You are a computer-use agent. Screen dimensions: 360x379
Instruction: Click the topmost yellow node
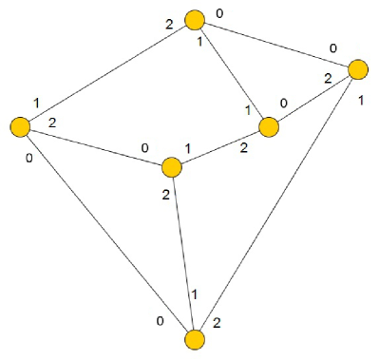pyautogui.click(x=195, y=20)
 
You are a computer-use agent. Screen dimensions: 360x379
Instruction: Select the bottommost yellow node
pyautogui.click(x=195, y=340)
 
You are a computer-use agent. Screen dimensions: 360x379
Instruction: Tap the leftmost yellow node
pyautogui.click(x=20, y=126)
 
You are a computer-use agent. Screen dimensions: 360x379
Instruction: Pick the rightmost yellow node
pyautogui.click(x=358, y=68)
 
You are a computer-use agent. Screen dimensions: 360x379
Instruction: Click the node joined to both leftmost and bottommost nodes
pyautogui.click(x=172, y=167)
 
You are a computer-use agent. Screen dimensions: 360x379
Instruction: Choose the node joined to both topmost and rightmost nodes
pyautogui.click(x=268, y=126)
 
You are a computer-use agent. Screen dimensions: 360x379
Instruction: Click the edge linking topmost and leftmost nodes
pyautogui.click(x=107, y=73)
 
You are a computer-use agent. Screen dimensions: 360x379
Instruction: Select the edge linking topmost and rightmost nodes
pyautogui.click(x=276, y=44)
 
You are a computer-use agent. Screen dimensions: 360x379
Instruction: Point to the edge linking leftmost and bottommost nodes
pyautogui.click(x=107, y=233)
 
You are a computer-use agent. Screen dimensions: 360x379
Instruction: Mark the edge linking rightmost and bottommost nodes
pyautogui.click(x=276, y=204)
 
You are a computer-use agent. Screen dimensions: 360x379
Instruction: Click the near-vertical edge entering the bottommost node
pyautogui.click(x=183, y=254)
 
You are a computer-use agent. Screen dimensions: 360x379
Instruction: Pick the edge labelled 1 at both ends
pyautogui.click(x=232, y=73)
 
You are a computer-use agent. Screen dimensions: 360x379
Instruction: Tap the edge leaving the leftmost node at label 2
pyautogui.click(x=96, y=147)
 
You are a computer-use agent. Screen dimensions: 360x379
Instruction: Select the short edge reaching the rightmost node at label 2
pyautogui.click(x=313, y=97)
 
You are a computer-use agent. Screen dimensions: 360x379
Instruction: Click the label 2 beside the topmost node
pyautogui.click(x=169, y=24)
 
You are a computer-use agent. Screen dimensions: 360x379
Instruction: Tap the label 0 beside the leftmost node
pyautogui.click(x=29, y=157)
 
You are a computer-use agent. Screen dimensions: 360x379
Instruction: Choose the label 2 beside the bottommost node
pyautogui.click(x=218, y=324)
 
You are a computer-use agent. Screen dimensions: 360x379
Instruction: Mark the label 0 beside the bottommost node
pyautogui.click(x=161, y=321)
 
